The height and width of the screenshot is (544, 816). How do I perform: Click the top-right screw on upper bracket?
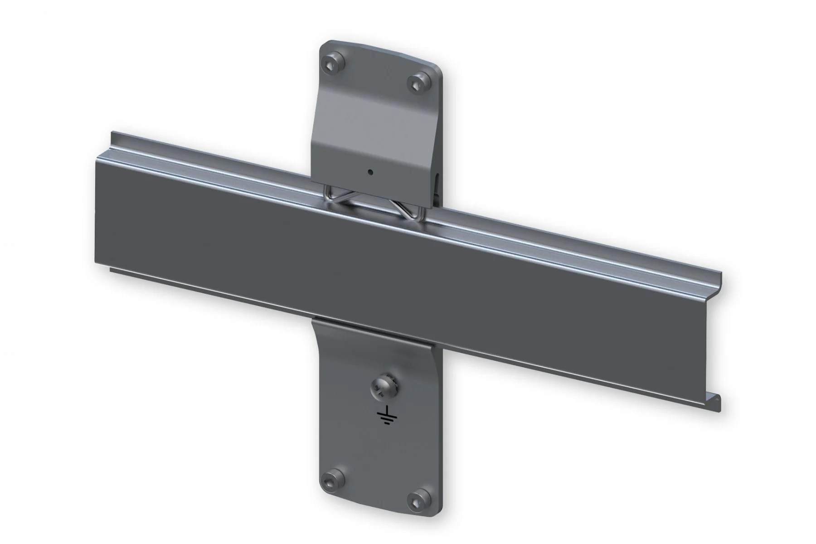417,82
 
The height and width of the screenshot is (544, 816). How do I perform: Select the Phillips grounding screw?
379,389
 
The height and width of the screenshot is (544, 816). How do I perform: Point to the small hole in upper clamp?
371,172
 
